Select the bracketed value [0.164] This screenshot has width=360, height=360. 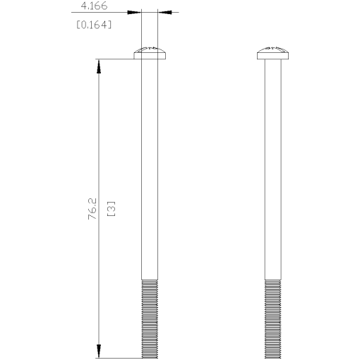click(93, 24)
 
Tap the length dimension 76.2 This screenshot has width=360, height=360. click(92, 209)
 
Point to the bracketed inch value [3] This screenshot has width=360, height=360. click(111, 209)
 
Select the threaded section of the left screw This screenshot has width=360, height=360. click(149, 318)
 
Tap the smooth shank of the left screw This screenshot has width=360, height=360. click(149, 169)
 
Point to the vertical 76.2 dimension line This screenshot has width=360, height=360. click(99, 141)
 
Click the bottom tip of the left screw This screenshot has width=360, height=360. click(149, 357)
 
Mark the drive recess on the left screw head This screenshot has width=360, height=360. click(149, 49)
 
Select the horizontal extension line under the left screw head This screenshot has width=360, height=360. click(116, 59)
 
